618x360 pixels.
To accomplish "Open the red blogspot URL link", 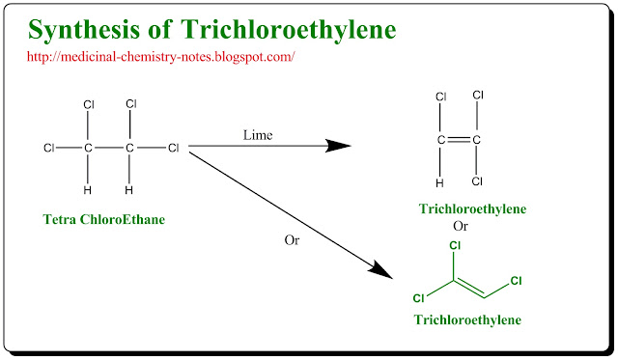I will tap(160, 57).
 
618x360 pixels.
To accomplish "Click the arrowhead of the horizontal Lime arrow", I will tap(339, 147).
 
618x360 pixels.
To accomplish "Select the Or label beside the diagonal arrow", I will tap(292, 239).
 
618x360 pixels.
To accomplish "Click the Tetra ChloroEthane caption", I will tap(104, 219).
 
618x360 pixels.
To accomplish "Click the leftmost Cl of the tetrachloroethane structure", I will tap(49, 148).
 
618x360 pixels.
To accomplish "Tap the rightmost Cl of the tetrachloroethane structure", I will tap(174, 148).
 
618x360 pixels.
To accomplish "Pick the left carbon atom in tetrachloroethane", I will tap(89, 148).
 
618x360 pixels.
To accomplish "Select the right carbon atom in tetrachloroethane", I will tap(130, 148).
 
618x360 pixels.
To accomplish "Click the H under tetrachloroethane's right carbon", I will tap(130, 189).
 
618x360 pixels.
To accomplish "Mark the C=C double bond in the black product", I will tap(459, 140).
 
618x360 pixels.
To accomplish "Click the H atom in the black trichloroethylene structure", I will tap(440, 181).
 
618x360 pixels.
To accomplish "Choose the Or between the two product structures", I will tap(461, 227).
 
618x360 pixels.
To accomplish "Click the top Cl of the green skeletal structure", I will tap(454, 246).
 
